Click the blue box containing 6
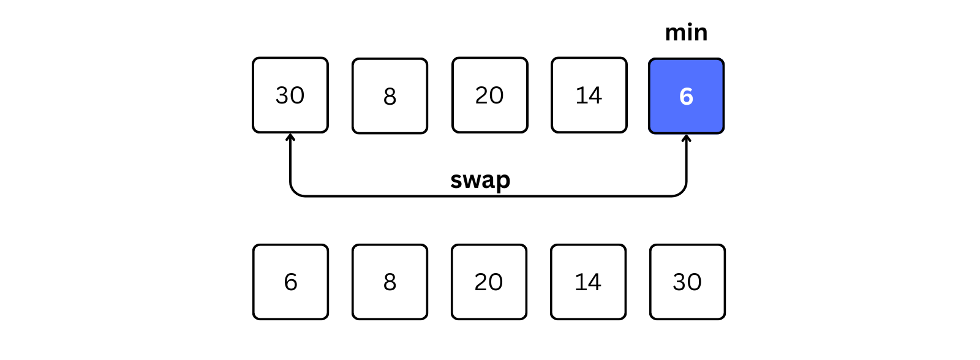686,96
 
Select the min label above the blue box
686,32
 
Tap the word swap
480,180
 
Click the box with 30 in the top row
290,95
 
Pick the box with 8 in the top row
390,96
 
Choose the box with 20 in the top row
489,95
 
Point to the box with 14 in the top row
589,95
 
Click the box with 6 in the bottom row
290,282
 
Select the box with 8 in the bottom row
390,282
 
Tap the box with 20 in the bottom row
489,282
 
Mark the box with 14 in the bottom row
589,282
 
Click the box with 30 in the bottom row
687,282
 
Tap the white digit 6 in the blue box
686,96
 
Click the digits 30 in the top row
290,96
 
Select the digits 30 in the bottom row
687,282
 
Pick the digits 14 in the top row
589,96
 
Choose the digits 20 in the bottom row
489,282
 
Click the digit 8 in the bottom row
390,282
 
